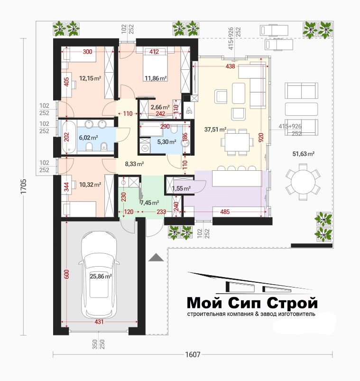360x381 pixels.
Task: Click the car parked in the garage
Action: (99, 275)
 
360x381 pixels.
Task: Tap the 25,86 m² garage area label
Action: (101, 276)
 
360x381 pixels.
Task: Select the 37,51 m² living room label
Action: (215, 130)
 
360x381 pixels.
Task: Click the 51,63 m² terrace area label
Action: (304, 154)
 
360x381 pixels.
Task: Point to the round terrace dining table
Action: (303, 182)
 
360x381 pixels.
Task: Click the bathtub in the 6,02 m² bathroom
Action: (67, 137)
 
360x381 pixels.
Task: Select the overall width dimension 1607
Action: (193, 354)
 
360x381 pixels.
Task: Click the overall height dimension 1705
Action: (24, 186)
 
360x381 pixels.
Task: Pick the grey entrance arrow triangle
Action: (156, 257)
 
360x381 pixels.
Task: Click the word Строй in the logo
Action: (292, 303)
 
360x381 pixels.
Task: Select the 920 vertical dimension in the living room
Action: (261, 139)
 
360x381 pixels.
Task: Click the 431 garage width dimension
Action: (99, 322)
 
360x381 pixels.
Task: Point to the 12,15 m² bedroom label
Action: (90, 78)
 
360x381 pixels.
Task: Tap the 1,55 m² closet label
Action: (181, 188)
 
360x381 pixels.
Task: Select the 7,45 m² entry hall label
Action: (149, 203)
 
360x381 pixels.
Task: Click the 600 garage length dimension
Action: (66, 274)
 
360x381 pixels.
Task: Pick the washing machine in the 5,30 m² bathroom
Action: (145, 148)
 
